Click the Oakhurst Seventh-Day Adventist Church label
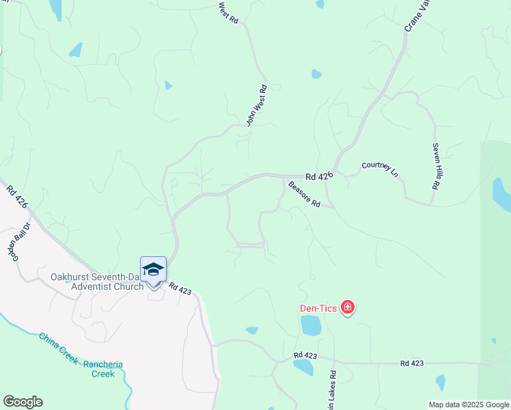(96, 282)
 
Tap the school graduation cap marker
(153, 270)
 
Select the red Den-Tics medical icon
(348, 308)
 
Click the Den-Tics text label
(318, 308)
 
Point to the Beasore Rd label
(304, 194)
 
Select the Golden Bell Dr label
(19, 241)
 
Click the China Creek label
(57, 348)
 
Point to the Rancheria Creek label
(103, 369)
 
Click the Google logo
(23, 402)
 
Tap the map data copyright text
(469, 405)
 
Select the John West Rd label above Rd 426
(255, 106)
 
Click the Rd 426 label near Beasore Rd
(319, 176)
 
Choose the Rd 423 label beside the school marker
(180, 290)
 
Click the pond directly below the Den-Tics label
(311, 326)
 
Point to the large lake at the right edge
(501, 194)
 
